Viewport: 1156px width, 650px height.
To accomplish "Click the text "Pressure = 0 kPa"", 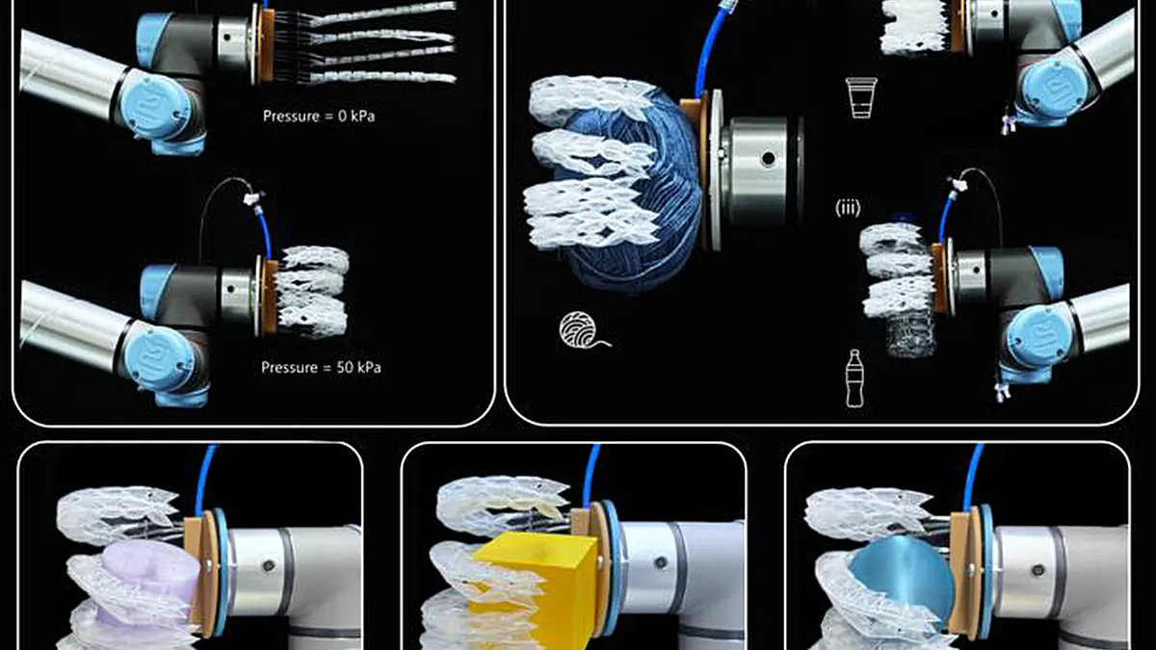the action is [319, 117].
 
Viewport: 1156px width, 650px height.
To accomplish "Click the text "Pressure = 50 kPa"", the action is [321, 367].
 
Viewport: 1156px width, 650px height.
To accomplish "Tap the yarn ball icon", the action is [583, 330].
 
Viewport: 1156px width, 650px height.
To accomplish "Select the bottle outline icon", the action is [854, 378].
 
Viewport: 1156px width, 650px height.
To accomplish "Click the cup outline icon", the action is [861, 97].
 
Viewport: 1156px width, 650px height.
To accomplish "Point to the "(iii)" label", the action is [848, 208].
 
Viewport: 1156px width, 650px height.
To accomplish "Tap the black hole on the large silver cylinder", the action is [768, 158].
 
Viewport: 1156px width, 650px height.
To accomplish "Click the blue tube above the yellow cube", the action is [591, 475].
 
